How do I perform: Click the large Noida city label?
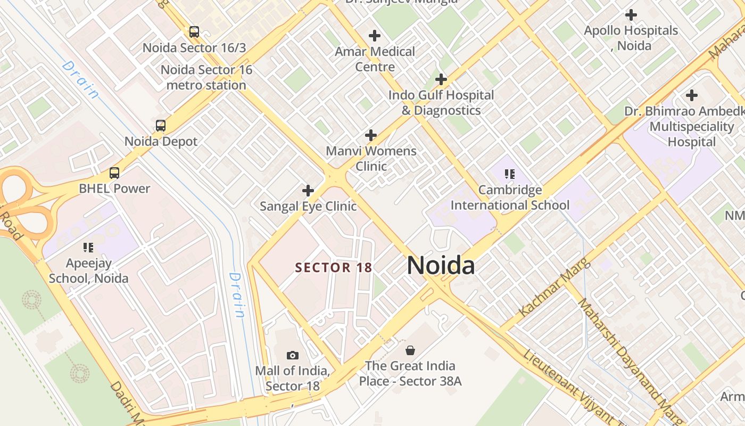tap(441, 265)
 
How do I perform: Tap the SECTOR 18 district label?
tap(333, 267)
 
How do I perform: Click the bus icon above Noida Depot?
tap(161, 126)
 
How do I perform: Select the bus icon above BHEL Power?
tap(114, 173)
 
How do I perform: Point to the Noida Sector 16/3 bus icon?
tap(194, 32)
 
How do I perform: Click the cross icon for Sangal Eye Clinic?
tap(308, 190)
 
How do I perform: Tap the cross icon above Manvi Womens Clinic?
tap(371, 135)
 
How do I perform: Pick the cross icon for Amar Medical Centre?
tap(375, 36)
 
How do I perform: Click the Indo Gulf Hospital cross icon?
tap(441, 79)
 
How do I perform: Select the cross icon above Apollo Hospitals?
tap(631, 15)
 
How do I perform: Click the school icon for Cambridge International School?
tap(510, 174)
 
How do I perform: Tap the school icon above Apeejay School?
tap(88, 247)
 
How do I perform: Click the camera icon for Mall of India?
tap(292, 355)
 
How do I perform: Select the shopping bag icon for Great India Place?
tap(410, 350)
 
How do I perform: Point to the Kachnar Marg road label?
tap(553, 288)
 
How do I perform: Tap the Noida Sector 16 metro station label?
tap(206, 77)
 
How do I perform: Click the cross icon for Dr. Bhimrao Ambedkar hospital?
tap(692, 95)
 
